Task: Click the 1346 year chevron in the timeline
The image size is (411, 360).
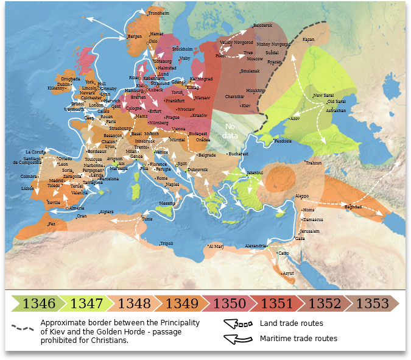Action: tap(39, 303)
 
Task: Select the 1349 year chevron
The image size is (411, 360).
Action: tap(181, 303)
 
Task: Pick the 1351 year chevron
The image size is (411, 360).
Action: tap(277, 303)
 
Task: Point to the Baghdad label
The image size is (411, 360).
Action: tap(353, 207)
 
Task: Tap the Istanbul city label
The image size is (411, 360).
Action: tap(255, 173)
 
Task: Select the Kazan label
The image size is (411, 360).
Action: tap(308, 40)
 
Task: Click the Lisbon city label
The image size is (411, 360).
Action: tap(28, 189)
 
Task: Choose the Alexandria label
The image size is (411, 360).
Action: tap(255, 246)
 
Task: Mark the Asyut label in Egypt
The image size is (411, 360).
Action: tap(289, 274)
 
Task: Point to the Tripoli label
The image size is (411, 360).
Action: tap(166, 243)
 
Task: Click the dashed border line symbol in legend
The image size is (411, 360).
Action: tap(23, 327)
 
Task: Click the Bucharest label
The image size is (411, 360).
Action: tap(239, 154)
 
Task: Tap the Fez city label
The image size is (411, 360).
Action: tap(52, 224)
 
